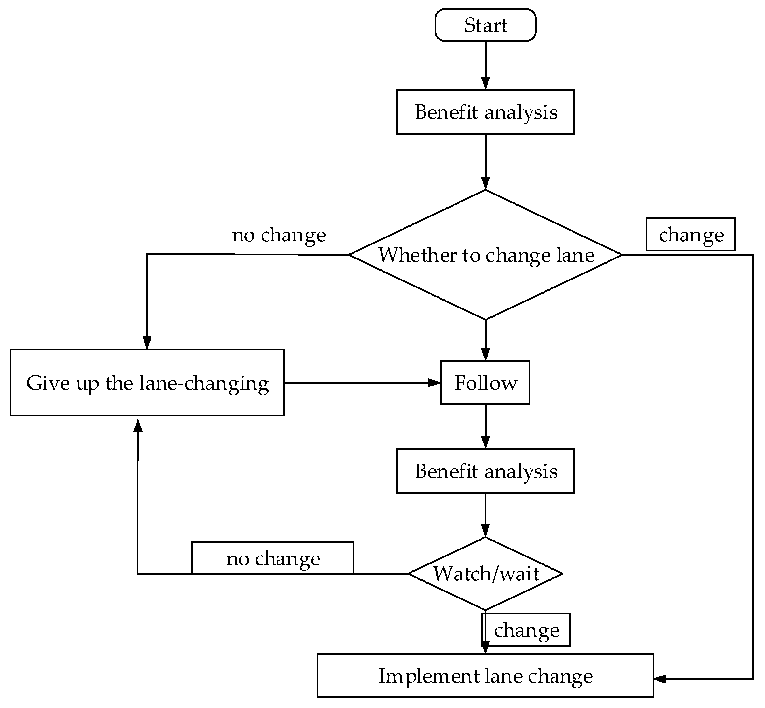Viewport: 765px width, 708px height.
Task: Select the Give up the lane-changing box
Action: (147, 383)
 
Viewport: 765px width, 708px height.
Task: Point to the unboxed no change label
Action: (279, 235)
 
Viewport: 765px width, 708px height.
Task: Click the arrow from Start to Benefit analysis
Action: (486, 65)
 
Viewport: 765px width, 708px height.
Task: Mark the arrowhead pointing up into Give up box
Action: (138, 424)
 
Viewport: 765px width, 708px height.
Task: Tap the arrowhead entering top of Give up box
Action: (147, 343)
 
